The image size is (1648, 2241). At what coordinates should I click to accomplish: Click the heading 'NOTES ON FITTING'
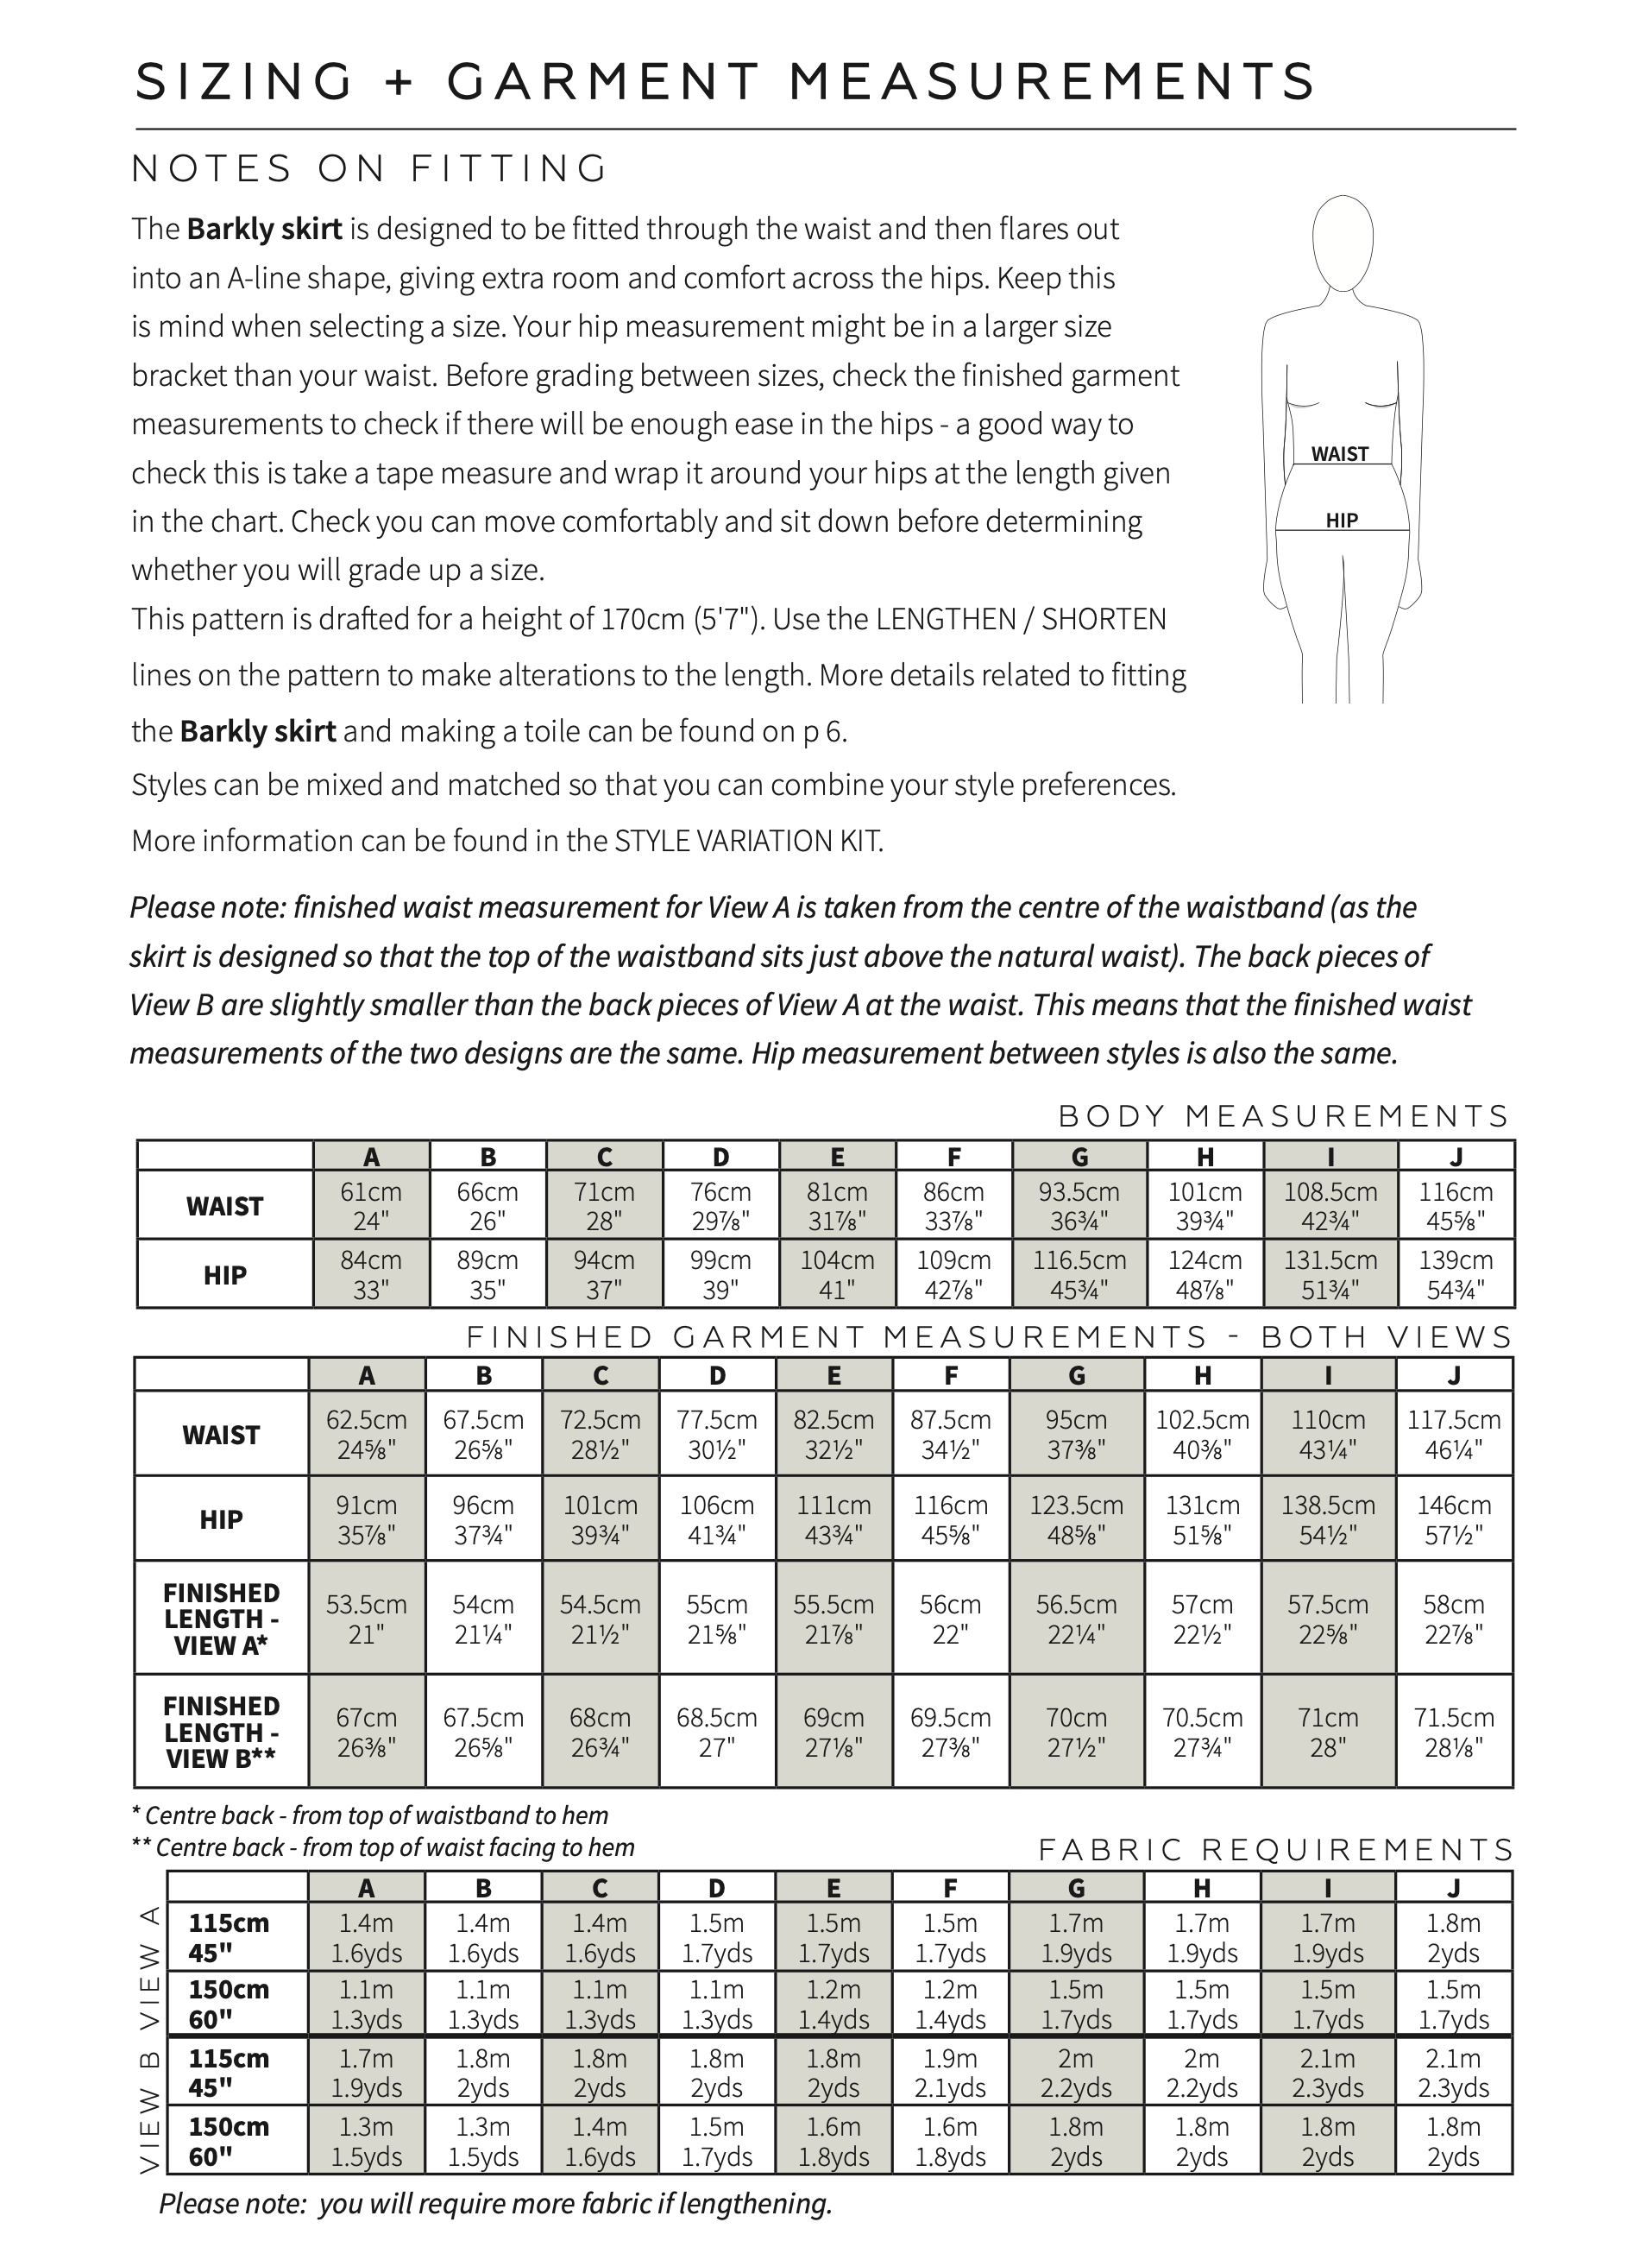(x=369, y=168)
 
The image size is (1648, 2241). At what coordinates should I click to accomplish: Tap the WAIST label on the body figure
(x=1339, y=454)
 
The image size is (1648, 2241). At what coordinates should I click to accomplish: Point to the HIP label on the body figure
(x=1342, y=520)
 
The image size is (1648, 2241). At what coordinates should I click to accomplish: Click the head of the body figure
(x=1342, y=239)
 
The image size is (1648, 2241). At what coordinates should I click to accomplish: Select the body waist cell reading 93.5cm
(x=1079, y=1205)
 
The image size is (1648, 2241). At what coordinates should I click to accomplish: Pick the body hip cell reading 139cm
(x=1456, y=1274)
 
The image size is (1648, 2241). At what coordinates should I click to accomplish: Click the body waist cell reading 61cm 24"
(x=371, y=1205)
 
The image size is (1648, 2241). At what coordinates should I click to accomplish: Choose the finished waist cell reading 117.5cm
(x=1454, y=1434)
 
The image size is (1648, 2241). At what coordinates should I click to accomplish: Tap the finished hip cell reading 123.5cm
(x=1077, y=1518)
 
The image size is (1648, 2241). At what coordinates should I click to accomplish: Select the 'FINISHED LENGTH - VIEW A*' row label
(x=222, y=1619)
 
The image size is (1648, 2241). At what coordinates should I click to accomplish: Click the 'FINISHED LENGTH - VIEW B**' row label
(x=222, y=1733)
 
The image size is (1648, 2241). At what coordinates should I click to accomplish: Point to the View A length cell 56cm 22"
(x=951, y=1619)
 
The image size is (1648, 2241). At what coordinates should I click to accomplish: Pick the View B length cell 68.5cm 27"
(x=717, y=1733)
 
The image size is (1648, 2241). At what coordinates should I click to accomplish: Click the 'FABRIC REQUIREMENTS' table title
(x=1276, y=1850)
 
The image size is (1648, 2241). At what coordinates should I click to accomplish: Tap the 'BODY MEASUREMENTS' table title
(x=1284, y=1115)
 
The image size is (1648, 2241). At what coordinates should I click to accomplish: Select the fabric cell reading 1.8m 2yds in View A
(x=1454, y=1938)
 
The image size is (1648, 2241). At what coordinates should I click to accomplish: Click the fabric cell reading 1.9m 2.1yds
(x=951, y=2073)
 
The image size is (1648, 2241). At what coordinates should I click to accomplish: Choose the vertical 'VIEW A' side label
(x=149, y=1970)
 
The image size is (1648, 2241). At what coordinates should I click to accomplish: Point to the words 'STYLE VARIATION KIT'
(x=748, y=841)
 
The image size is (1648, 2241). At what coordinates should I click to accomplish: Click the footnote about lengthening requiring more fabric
(x=496, y=2203)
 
